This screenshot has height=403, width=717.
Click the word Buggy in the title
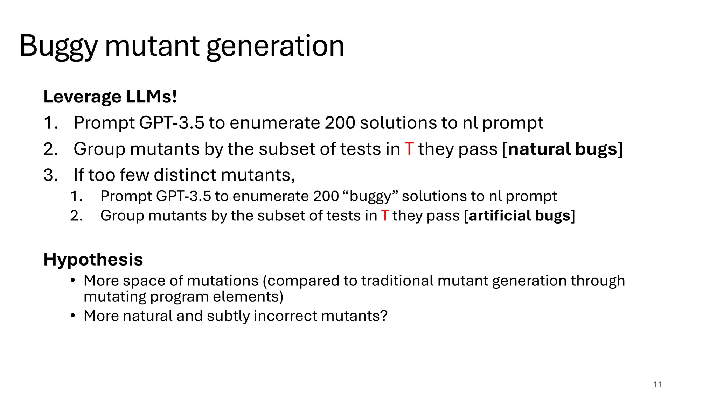click(58, 46)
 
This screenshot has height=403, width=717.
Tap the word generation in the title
click(275, 46)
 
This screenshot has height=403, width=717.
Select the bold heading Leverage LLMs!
click(110, 97)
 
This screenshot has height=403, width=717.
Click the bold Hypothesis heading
click(93, 260)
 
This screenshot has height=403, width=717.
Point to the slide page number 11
click(657, 384)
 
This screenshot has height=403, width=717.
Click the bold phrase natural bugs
click(562, 149)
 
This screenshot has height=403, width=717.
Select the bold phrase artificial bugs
click(520, 215)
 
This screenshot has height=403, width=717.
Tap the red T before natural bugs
click(409, 149)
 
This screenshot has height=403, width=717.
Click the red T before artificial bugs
click(385, 215)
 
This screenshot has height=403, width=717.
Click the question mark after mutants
click(384, 316)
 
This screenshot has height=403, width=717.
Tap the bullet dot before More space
click(73, 281)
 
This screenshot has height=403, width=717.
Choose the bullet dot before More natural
click(73, 316)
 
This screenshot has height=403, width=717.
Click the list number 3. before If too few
click(50, 175)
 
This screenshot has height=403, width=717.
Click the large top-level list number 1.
click(50, 123)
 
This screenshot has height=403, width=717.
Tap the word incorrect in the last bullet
click(285, 316)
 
